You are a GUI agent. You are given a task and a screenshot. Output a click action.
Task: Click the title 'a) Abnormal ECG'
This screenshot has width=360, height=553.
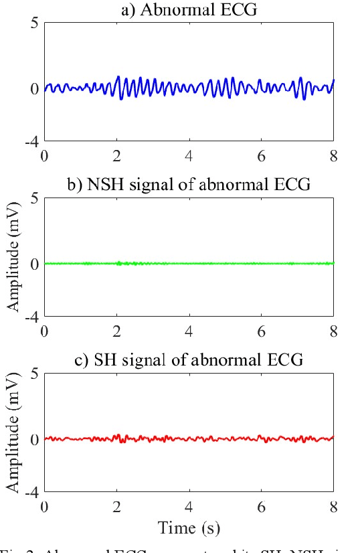coord(189,9)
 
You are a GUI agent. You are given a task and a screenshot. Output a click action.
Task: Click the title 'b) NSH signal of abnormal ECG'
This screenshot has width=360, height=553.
coord(189,185)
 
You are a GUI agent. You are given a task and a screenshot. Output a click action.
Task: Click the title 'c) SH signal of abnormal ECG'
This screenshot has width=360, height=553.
coord(189,360)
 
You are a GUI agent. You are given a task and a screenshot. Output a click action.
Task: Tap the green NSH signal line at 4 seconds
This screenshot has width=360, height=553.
coord(189,263)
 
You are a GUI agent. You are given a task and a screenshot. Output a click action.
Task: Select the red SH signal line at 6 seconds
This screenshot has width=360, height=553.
coord(261,439)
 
